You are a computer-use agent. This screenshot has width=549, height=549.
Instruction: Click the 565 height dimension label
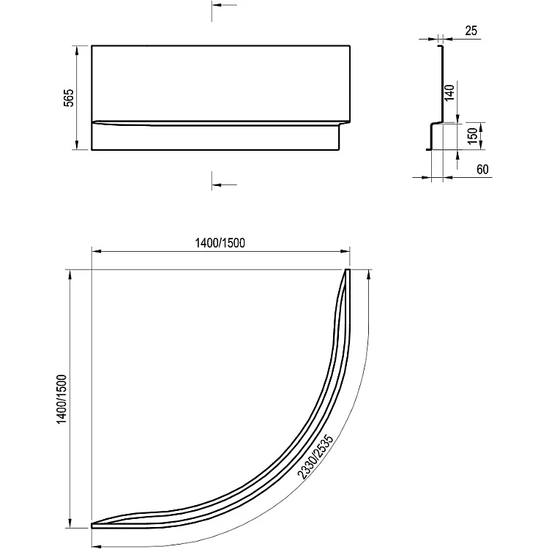[x=69, y=97]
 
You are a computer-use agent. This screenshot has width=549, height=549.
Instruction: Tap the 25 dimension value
[x=471, y=31]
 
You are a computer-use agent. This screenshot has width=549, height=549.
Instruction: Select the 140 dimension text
[x=449, y=93]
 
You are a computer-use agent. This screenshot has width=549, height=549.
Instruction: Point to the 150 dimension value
[x=472, y=136]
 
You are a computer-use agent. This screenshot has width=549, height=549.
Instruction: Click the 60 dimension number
[x=482, y=170]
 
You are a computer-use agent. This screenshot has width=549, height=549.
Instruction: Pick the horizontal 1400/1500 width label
[x=220, y=242]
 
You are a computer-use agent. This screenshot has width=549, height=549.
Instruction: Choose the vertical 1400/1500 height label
[x=61, y=399]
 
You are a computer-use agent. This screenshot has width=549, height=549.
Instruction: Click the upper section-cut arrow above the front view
[x=224, y=5]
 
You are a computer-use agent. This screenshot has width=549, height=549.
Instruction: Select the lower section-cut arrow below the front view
[x=224, y=184]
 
